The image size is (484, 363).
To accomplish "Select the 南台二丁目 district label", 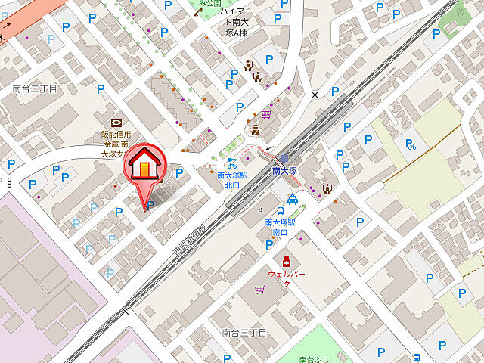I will [x=35, y=88].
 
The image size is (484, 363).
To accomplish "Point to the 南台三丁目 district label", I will [x=245, y=333].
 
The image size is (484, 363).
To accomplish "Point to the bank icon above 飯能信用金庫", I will [x=116, y=123].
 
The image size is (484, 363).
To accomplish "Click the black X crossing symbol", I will [x=315, y=95].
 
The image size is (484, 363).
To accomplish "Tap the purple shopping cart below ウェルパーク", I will [x=260, y=290].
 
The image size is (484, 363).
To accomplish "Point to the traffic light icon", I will [x=8, y=182].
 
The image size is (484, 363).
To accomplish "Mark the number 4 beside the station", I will [x=260, y=209].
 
